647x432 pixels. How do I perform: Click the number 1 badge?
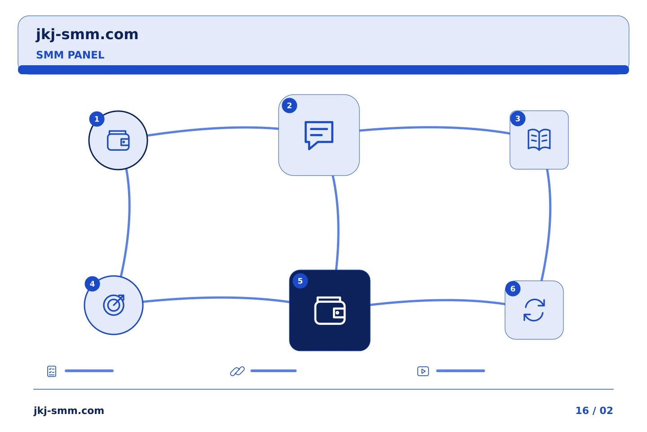(x=97, y=119)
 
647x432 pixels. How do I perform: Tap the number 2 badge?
(x=289, y=106)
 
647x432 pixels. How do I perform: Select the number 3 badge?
(x=518, y=119)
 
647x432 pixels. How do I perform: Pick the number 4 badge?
(x=92, y=283)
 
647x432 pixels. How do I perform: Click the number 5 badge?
(x=300, y=281)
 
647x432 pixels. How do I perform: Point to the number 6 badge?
(x=513, y=288)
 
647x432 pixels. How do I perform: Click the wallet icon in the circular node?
(x=118, y=140)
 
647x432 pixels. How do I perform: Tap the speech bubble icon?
(x=319, y=135)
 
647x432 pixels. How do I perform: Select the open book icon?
(x=539, y=140)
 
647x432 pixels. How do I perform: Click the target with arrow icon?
(x=114, y=305)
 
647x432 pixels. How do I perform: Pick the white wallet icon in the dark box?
(x=330, y=310)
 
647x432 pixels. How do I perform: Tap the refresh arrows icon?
(x=534, y=310)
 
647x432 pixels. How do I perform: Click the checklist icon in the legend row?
(x=52, y=371)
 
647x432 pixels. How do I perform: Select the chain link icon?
(x=237, y=371)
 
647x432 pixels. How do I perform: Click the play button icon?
(x=423, y=371)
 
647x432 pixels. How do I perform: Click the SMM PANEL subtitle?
(x=70, y=55)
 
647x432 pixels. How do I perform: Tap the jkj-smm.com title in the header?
(x=87, y=35)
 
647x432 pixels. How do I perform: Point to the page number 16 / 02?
(x=594, y=410)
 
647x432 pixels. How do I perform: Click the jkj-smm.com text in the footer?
(x=69, y=411)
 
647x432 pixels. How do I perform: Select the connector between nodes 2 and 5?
(x=338, y=223)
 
